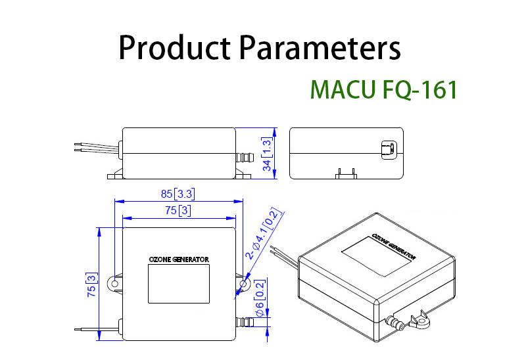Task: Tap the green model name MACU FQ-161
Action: (x=383, y=89)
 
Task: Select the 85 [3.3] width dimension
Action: (x=177, y=194)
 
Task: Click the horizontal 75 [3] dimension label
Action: (x=177, y=210)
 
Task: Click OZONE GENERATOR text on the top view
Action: (x=179, y=259)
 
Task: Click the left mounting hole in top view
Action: (x=115, y=284)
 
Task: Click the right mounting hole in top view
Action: (x=244, y=284)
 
